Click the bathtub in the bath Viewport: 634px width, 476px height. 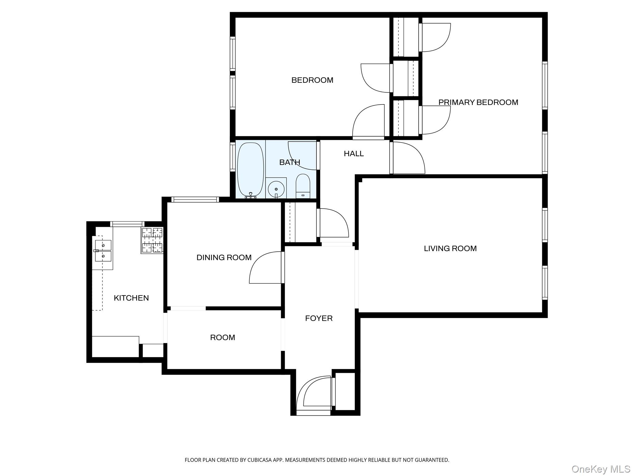[250, 169]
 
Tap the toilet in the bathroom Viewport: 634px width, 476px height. [303, 186]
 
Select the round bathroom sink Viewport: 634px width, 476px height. [276, 189]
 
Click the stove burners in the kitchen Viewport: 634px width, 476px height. [152, 240]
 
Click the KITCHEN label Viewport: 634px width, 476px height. [131, 298]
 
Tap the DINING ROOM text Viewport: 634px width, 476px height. [224, 258]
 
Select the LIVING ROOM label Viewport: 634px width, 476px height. [450, 249]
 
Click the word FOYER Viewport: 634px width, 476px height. [319, 318]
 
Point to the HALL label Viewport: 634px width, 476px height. [354, 154]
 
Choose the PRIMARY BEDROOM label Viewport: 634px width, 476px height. [478, 102]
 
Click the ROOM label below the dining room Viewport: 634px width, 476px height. [222, 337]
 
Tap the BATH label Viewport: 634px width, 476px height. [289, 162]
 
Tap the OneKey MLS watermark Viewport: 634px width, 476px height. [601, 469]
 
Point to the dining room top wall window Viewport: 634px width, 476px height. [195, 200]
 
